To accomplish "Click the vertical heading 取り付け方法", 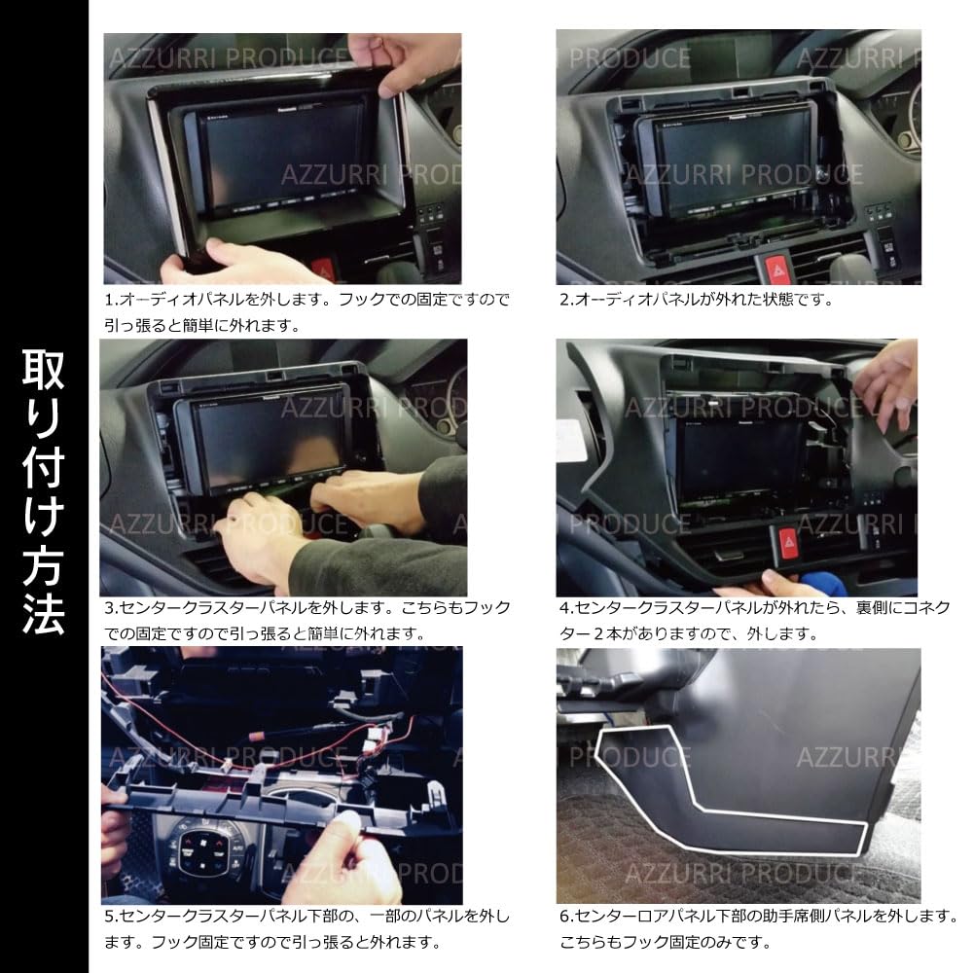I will [x=44, y=486].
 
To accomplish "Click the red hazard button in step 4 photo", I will [x=788, y=541].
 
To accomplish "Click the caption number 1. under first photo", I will [x=110, y=300].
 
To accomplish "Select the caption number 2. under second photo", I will [x=565, y=300].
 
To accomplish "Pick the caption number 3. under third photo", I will [x=110, y=608].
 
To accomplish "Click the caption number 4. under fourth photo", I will [x=565, y=608].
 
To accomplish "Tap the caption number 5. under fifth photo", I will [x=110, y=917].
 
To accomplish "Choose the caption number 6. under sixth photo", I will [x=565, y=917].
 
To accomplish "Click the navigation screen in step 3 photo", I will [x=263, y=438].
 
